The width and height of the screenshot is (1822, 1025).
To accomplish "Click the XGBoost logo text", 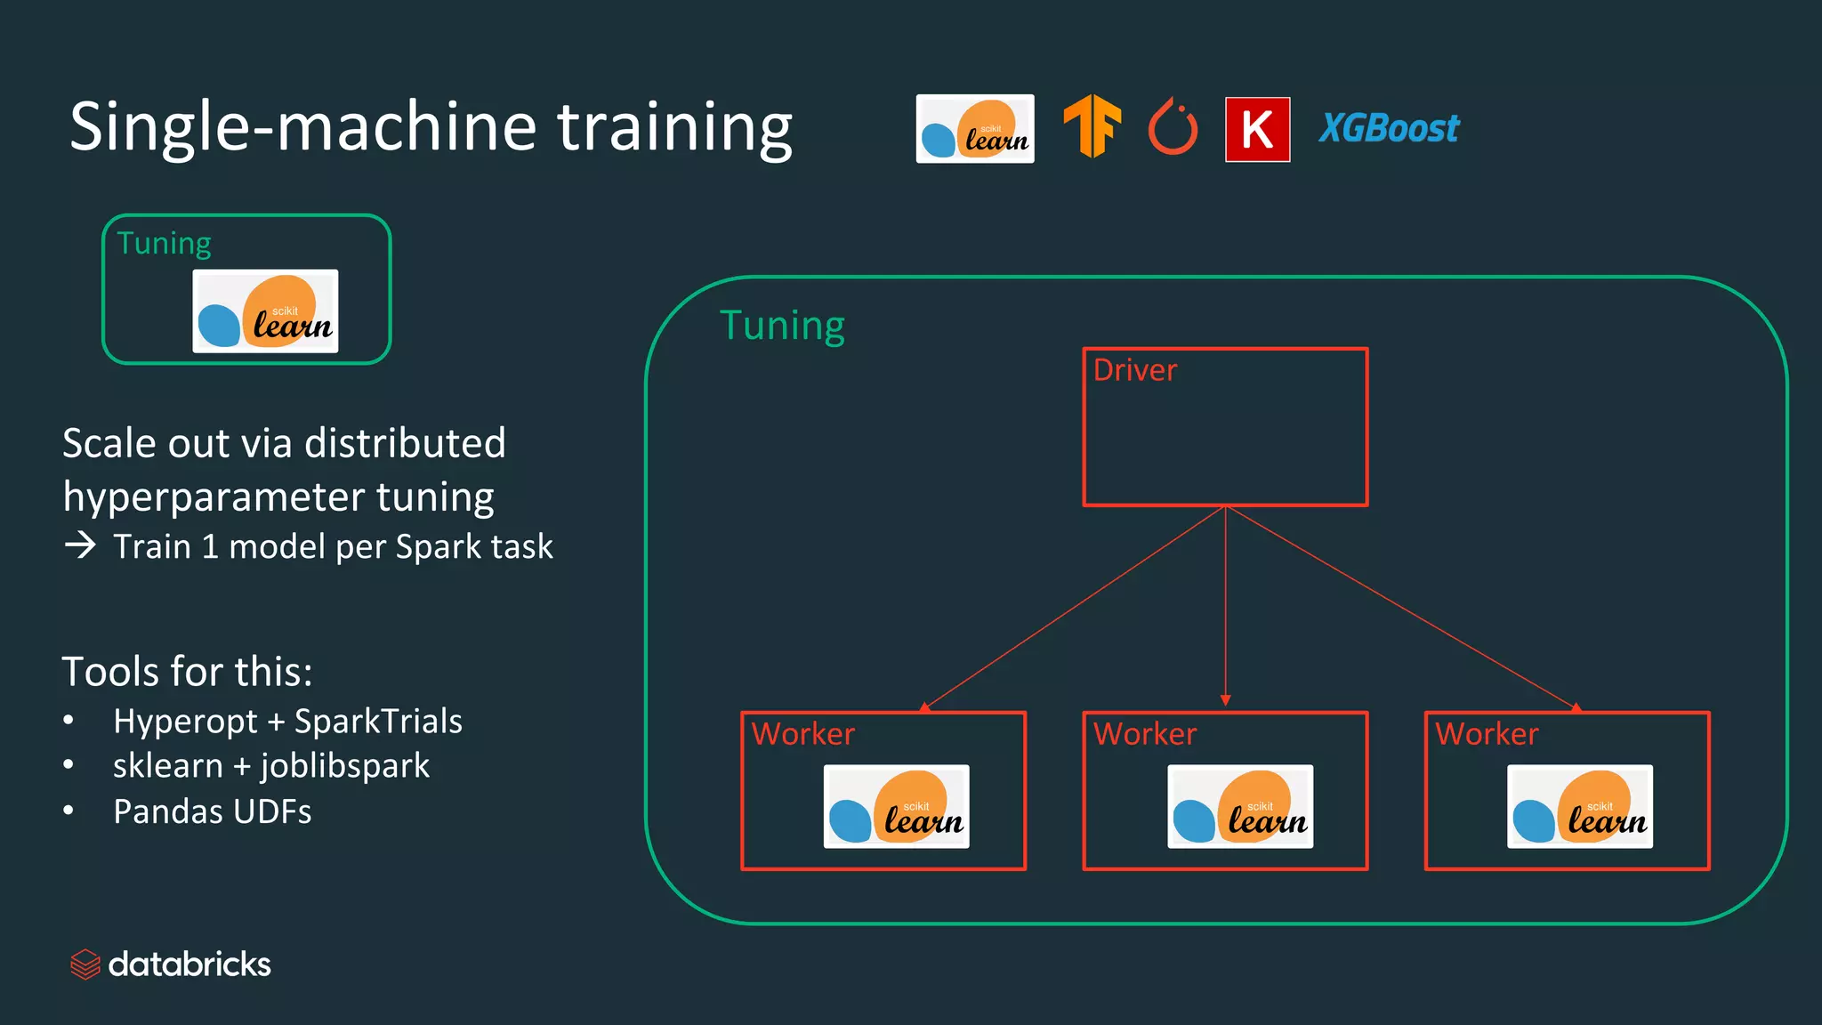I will pos(1389,129).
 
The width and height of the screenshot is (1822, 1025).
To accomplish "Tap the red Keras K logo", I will pos(1257,130).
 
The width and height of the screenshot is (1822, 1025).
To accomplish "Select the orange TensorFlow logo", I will pos(1092,126).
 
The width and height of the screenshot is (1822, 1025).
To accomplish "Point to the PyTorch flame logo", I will pos(1173,127).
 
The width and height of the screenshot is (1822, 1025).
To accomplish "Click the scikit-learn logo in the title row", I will pos(975,129).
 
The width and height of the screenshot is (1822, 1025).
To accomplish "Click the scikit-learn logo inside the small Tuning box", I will pos(265,311).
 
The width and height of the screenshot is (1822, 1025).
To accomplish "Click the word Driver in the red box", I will pos(1134,370).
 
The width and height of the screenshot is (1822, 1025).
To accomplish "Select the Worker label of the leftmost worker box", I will pos(802,734).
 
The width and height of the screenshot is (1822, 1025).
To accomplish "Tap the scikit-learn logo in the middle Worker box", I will pos(1239,806).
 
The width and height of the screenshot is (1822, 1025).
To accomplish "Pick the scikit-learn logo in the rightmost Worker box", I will pos(1579,806).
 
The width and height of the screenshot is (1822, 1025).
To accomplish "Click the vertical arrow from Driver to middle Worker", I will pos(1225,605).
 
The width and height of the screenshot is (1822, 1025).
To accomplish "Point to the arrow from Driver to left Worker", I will pos(1075,608).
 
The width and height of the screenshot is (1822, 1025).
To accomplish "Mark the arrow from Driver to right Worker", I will pos(1401,608).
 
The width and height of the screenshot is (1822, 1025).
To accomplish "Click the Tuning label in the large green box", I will pos(782,326).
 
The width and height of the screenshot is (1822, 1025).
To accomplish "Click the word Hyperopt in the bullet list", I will pos(185,722).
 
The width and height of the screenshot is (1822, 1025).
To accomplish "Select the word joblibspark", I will pos(345,766).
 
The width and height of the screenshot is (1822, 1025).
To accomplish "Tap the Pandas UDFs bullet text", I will pos(212,811).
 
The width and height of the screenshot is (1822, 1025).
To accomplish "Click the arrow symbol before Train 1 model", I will pos(80,545).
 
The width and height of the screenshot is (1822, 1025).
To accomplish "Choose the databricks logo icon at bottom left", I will pos(85,964).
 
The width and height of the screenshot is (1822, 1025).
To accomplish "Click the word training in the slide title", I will pos(674,126).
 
